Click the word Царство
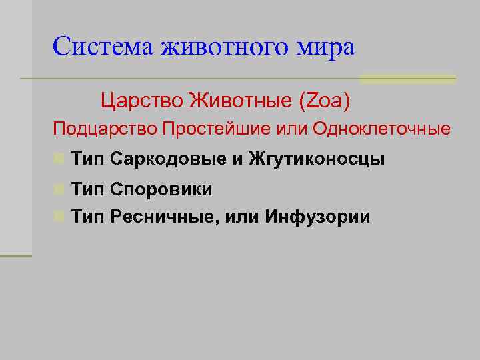(141, 101)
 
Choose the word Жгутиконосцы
(317, 159)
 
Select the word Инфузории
(317, 217)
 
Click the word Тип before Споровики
(88, 190)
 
